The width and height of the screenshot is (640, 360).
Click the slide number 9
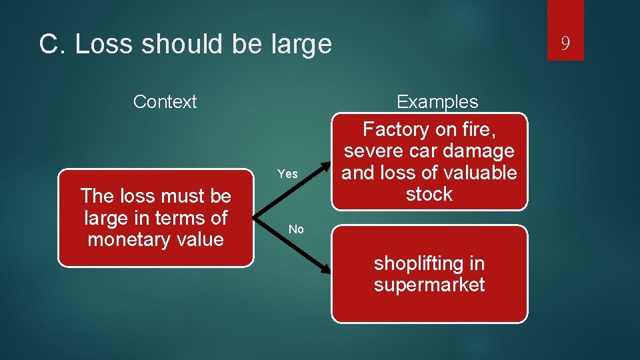click(x=565, y=44)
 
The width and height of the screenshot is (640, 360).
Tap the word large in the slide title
click(x=301, y=45)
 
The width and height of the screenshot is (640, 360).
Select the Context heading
click(x=165, y=102)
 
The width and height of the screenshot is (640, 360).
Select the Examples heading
click(x=437, y=102)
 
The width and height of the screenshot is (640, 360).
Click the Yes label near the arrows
click(x=287, y=174)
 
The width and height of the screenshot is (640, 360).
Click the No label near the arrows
click(x=296, y=229)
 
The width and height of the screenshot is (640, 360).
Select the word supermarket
click(x=429, y=285)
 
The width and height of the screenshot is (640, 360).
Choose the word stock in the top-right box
click(x=429, y=195)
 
